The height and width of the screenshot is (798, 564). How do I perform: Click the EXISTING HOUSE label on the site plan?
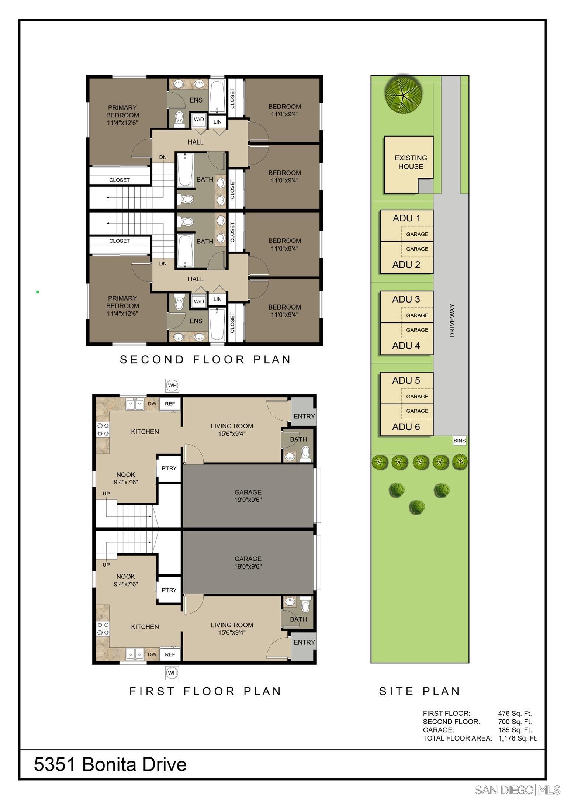click(411, 162)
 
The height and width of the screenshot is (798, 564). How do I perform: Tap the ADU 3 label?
click(406, 299)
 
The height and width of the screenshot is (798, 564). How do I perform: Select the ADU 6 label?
click(406, 427)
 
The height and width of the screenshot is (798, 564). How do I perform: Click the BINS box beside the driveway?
click(459, 441)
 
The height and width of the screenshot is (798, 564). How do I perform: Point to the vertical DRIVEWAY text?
click(452, 320)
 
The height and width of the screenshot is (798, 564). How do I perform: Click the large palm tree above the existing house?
click(403, 94)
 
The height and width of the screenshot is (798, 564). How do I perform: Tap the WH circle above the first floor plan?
click(172, 386)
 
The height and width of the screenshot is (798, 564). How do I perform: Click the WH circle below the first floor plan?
click(172, 673)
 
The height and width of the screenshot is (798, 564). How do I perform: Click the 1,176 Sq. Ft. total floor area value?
click(518, 739)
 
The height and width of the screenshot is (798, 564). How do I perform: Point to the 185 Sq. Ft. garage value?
click(515, 730)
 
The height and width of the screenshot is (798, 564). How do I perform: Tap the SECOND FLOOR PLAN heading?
click(205, 359)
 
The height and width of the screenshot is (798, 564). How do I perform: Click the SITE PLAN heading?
click(420, 691)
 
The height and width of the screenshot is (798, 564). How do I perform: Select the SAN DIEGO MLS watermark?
click(518, 790)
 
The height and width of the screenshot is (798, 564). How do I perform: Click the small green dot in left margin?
click(38, 292)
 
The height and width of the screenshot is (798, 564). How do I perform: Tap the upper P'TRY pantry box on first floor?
click(169, 469)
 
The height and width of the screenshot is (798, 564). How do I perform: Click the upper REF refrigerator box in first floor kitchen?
click(170, 404)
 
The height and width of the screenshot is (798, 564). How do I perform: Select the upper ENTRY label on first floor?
click(304, 417)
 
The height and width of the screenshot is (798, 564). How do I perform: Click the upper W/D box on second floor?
click(199, 120)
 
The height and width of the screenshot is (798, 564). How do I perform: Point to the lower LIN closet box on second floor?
click(217, 299)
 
